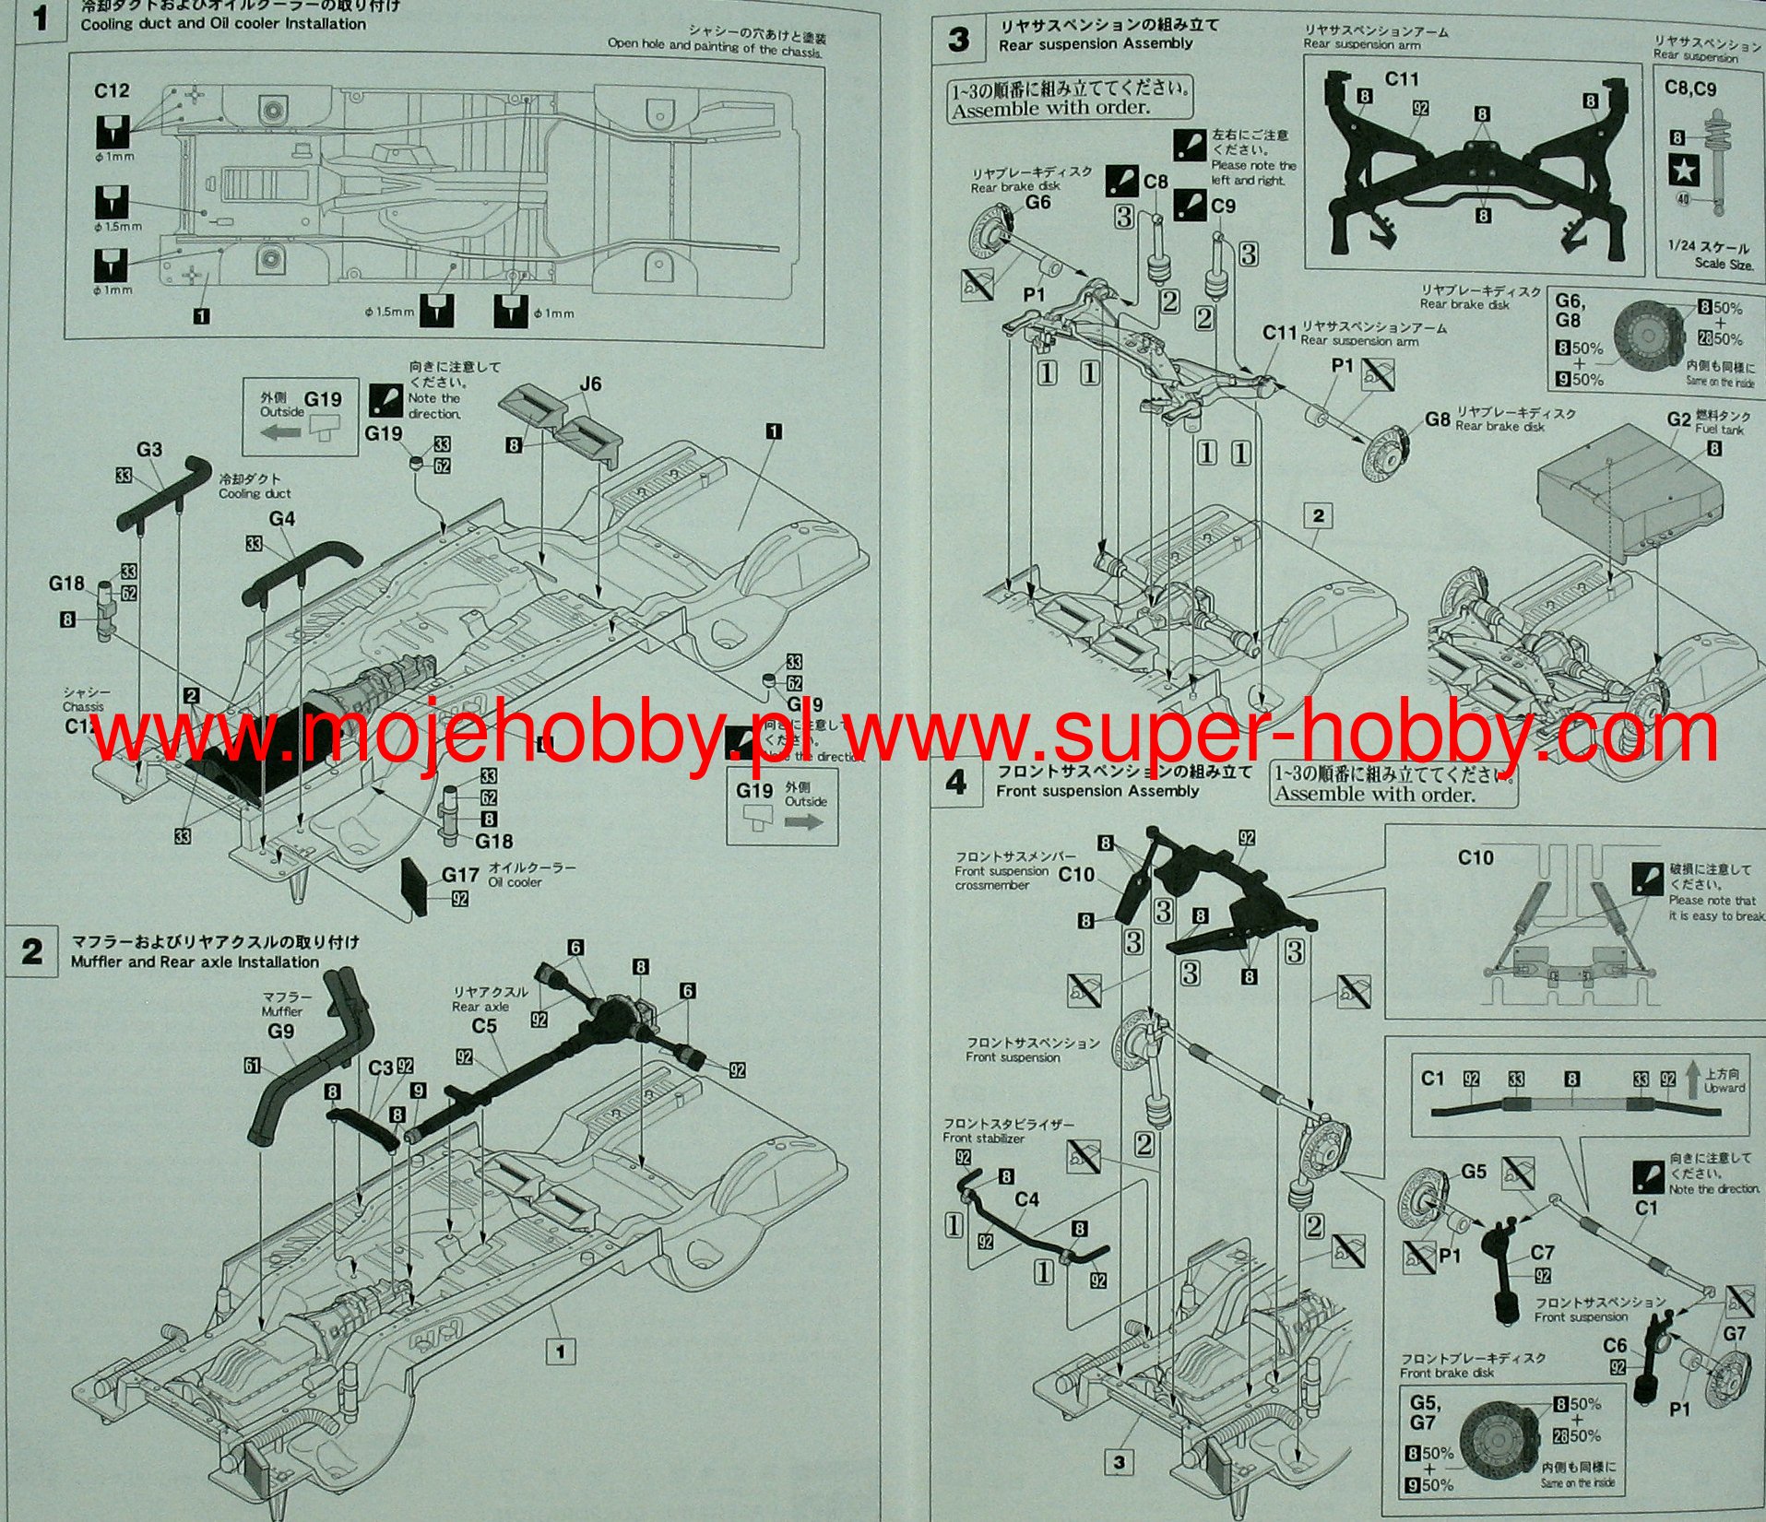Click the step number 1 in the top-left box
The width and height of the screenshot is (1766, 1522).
(x=39, y=18)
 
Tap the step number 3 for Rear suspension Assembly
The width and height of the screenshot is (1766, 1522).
(x=959, y=41)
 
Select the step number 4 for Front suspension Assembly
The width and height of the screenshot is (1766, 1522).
(x=956, y=783)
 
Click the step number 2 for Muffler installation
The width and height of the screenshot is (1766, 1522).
(x=32, y=952)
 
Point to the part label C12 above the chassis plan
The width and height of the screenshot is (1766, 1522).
(x=112, y=90)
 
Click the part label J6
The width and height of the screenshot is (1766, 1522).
(x=590, y=383)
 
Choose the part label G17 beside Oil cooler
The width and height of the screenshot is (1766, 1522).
(x=460, y=874)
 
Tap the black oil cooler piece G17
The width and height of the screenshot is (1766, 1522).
(x=414, y=886)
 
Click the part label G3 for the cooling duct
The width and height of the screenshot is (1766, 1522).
(x=149, y=449)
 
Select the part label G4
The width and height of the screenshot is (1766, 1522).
(x=281, y=519)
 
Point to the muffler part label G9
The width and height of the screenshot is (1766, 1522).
(x=280, y=1031)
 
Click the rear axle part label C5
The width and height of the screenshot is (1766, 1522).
(x=484, y=1025)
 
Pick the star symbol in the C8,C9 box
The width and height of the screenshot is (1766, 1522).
(x=1684, y=169)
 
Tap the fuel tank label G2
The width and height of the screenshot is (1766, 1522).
(x=1678, y=419)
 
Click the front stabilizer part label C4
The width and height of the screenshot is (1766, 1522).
(x=1026, y=1199)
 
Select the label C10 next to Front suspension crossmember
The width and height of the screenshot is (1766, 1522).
(x=1076, y=874)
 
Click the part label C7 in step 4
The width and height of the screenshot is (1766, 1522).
(x=1542, y=1253)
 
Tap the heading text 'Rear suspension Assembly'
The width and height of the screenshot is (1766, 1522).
(x=1096, y=44)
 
